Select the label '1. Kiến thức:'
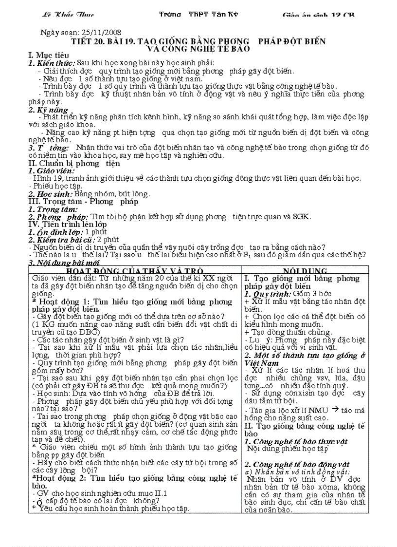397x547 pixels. pyautogui.click(x=52, y=63)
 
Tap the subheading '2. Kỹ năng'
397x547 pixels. pyautogui.click(x=48, y=110)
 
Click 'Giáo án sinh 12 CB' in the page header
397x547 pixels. pyautogui.click(x=319, y=15)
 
